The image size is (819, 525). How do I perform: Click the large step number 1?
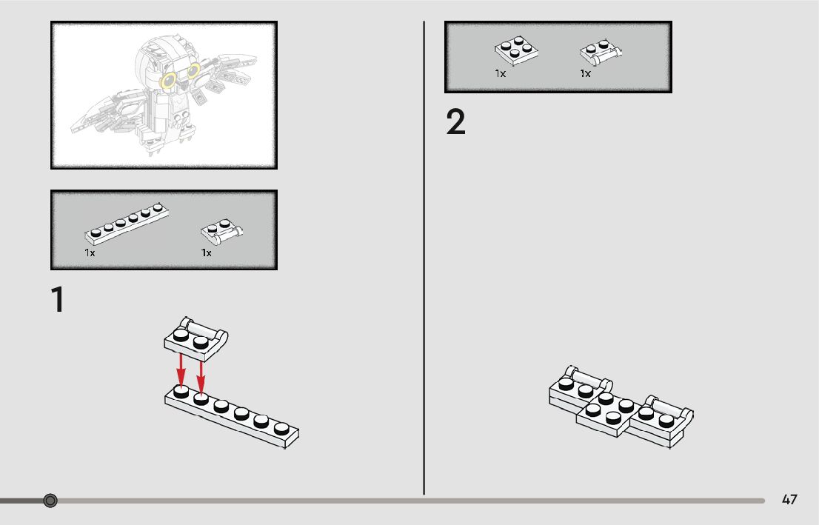click(x=58, y=299)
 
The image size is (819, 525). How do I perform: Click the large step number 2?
click(x=455, y=122)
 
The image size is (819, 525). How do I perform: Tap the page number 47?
click(x=789, y=500)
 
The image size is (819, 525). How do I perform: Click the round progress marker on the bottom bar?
click(x=50, y=501)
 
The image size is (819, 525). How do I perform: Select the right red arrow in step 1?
click(x=201, y=377)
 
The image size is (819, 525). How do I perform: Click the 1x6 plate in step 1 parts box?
click(x=127, y=224)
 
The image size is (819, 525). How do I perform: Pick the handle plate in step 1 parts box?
click(x=221, y=232)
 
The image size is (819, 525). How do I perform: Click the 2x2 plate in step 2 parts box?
click(x=517, y=50)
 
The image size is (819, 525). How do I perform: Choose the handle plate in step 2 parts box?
click(x=601, y=53)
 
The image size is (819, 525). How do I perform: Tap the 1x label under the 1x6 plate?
click(x=90, y=253)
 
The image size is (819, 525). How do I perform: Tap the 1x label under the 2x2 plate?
click(x=501, y=73)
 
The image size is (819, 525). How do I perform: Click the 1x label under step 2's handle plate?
click(x=585, y=73)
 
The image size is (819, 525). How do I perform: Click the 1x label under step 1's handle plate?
click(x=207, y=253)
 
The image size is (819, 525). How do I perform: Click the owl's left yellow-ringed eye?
click(x=169, y=81)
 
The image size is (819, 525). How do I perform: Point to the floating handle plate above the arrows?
click(x=196, y=339)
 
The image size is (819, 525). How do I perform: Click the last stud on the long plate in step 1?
click(x=281, y=428)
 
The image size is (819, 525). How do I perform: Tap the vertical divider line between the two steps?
click(x=424, y=258)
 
